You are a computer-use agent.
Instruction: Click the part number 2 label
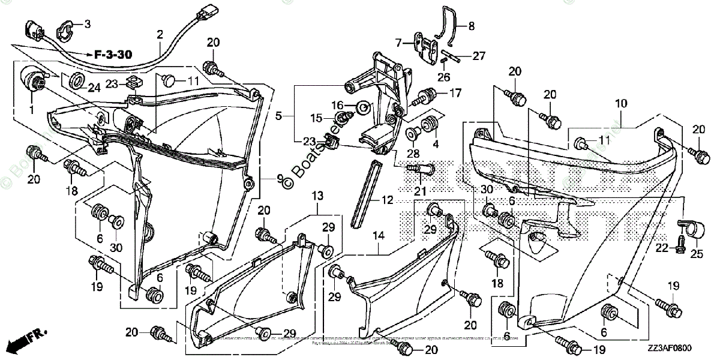click(160, 35)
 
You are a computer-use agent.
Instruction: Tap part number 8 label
click(471, 26)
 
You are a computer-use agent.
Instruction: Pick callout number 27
click(478, 56)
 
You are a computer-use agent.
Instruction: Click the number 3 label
click(88, 24)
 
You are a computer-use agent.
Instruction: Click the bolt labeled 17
click(427, 94)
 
